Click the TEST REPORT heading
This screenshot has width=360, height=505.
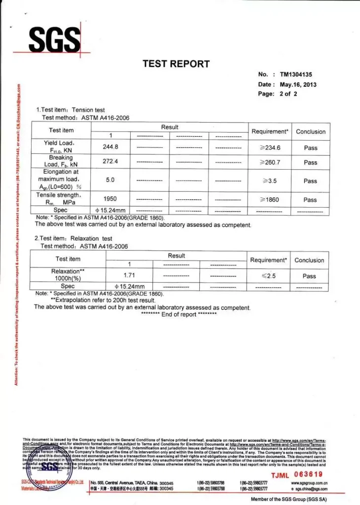pyautogui.click(x=176, y=64)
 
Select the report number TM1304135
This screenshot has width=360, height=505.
pyautogui.click(x=296, y=74)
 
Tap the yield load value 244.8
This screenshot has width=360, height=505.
pyautogui.click(x=110, y=146)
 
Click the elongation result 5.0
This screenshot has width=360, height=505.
pyautogui.click(x=110, y=180)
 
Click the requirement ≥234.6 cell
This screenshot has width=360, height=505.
pyautogui.click(x=270, y=147)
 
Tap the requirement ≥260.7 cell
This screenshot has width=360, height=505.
pyautogui.click(x=270, y=162)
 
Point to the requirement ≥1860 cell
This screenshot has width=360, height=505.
pyautogui.click(x=270, y=200)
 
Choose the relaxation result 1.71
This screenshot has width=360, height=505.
pyautogui.click(x=129, y=275)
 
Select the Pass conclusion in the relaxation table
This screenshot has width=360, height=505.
pyautogui.click(x=309, y=276)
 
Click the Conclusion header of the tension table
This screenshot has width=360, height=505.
pyautogui.click(x=311, y=132)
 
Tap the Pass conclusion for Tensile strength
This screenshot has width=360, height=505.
pyautogui.click(x=310, y=200)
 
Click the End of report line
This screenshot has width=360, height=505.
pyautogui.click(x=179, y=315)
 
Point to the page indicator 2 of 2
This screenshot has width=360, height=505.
pyautogui.click(x=288, y=94)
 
